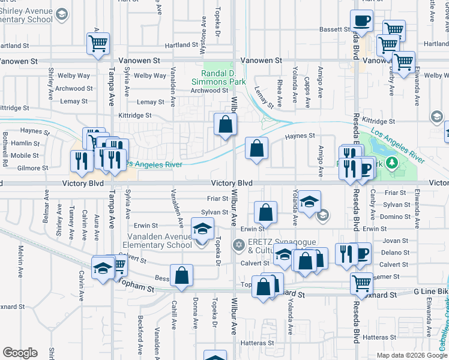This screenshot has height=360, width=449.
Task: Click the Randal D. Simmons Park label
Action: [219, 77]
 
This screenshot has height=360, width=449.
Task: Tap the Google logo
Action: [20, 353]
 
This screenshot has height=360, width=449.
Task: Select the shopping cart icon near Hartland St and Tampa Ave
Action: [98, 43]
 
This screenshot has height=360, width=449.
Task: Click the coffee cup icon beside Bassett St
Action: [361, 21]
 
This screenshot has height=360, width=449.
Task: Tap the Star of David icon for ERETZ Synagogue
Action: [238, 245]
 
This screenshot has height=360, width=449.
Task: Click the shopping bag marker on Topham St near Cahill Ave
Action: [181, 277]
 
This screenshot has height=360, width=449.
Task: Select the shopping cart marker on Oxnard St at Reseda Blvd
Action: [361, 284]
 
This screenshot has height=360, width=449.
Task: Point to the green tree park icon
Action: [391, 162]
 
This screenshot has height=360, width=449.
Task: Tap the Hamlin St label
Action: [25, 144]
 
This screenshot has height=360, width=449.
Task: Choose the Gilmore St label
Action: [34, 168]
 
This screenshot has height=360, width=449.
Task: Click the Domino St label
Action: [395, 217]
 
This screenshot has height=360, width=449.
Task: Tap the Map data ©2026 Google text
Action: [412, 355]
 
